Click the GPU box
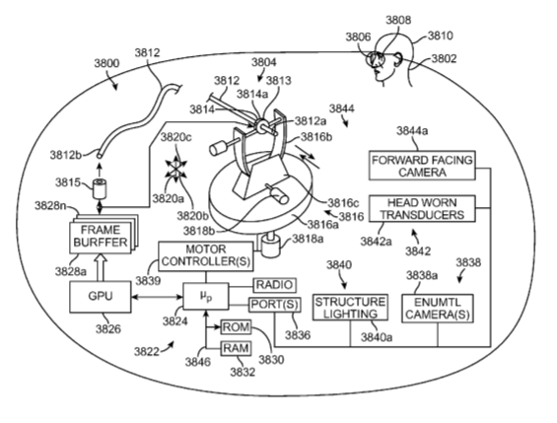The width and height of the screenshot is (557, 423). tap(100, 297)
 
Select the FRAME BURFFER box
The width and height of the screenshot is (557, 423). tap(101, 237)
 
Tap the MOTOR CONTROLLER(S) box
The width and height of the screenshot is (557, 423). tap(206, 256)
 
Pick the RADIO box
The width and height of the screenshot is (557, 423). tap(274, 285)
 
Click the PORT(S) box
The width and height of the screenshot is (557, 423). tap(275, 305)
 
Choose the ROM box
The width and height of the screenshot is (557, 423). tap(236, 327)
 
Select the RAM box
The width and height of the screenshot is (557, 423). tap(236, 348)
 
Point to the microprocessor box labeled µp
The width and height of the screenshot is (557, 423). tap(206, 296)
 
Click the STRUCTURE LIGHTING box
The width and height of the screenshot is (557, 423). tap(350, 308)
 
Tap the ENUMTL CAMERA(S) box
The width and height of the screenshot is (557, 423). tap(438, 309)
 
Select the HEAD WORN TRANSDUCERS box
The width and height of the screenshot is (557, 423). tap(422, 209)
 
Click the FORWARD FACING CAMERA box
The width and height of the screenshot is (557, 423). tap(422, 166)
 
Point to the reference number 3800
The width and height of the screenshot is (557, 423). tap(106, 63)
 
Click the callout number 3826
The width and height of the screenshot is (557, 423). tap(108, 329)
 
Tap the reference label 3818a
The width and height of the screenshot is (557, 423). tap(308, 239)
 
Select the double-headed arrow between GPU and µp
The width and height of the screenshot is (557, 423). tap(157, 297)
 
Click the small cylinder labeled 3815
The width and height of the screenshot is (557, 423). tap(100, 189)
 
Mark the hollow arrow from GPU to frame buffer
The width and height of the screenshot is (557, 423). tap(100, 267)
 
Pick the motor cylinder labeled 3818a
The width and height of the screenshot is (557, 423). tap(271, 247)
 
